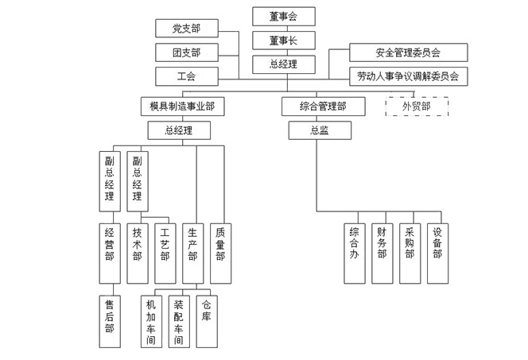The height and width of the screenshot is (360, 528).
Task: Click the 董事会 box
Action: coord(284,16)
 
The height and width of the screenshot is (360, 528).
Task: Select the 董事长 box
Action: coord(284,41)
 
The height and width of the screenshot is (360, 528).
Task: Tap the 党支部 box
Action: coord(187,29)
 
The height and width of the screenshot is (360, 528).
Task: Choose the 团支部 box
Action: coord(187,52)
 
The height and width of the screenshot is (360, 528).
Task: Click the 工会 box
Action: coord(187,76)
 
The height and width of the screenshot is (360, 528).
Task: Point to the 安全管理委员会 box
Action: coord(409,52)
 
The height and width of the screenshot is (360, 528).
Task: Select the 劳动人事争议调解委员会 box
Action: coord(409,76)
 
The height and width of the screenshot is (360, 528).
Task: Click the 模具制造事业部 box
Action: coord(183,106)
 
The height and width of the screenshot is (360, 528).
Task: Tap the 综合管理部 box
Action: coord(324,106)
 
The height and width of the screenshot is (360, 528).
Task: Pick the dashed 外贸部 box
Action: coord(417,106)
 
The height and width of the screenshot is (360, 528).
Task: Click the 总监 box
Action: coord(320,130)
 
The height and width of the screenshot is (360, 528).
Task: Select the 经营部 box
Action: coord(110,254)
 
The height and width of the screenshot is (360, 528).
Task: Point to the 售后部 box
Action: coord(110,321)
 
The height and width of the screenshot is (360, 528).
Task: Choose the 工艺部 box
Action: coord(165,254)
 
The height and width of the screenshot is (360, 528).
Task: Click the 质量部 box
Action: coord(220,254)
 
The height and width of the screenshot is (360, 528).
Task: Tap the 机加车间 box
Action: coord(152,321)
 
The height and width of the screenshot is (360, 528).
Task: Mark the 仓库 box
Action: coord(207,321)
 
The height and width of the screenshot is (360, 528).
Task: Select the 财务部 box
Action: coord(382,254)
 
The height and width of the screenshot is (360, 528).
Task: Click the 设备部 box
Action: coord(438,254)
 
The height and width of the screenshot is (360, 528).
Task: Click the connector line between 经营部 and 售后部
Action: coord(113,289)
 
